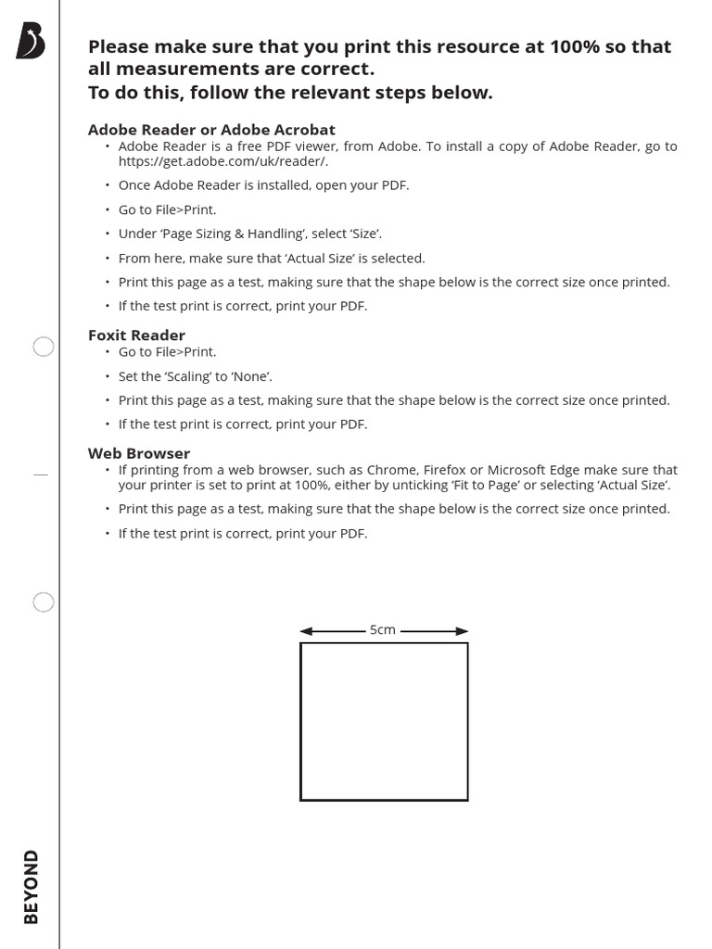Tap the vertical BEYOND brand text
click(32, 886)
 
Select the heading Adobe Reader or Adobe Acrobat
click(211, 130)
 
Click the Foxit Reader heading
click(136, 335)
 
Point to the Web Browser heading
click(139, 453)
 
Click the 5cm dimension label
click(383, 630)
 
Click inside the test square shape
click(384, 721)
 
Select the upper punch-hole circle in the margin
click(44, 348)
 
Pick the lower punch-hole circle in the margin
click(44, 603)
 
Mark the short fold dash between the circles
click(40, 474)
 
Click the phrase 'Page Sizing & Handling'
click(222, 234)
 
